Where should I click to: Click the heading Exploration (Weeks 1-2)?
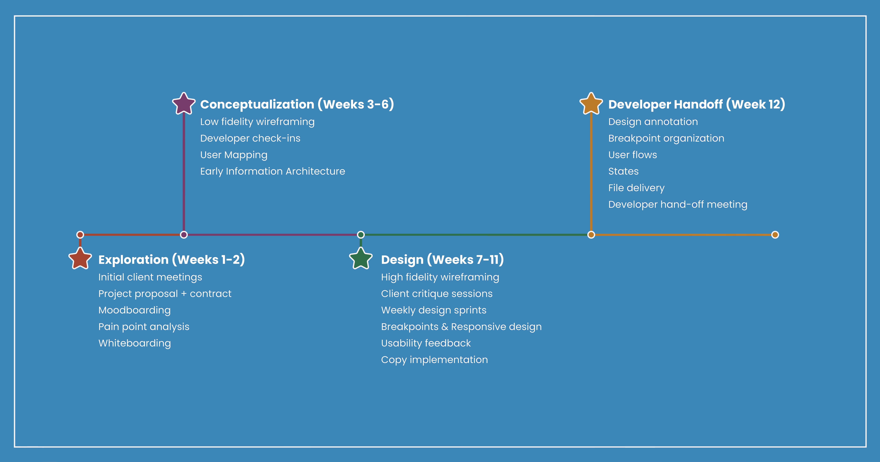pos(172,260)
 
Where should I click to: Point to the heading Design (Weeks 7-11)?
pos(442,260)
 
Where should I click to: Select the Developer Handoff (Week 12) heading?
pos(697,104)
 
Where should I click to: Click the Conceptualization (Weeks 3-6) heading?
pos(297,104)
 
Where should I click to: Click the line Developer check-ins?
pos(250,138)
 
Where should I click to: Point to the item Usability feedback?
pos(426,343)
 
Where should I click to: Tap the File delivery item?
pos(636,188)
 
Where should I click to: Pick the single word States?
pos(623,171)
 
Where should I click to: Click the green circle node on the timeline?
pos(361,235)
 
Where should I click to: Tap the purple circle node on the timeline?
pos(184,235)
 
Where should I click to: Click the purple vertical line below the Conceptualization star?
pos(184,171)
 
